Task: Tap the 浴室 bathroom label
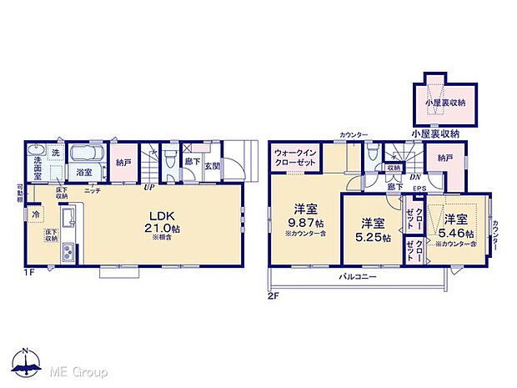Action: (x=85, y=173)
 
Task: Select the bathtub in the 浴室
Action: (x=83, y=154)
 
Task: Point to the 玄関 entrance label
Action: (x=213, y=165)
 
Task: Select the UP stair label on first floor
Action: (x=148, y=188)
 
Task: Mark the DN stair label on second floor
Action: (x=414, y=176)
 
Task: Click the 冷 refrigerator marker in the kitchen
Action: (x=36, y=214)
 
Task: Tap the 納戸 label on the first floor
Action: (x=123, y=164)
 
